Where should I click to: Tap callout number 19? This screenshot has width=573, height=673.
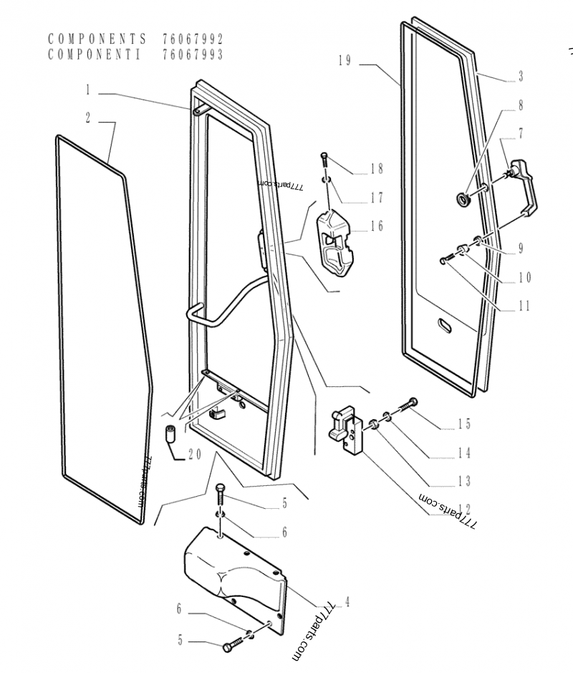pos(345,61)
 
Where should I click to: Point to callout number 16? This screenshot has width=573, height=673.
pos(377,226)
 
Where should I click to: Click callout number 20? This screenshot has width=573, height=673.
pos(194,454)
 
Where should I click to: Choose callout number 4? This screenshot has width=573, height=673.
pos(347,602)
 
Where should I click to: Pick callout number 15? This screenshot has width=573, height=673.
pos(465,424)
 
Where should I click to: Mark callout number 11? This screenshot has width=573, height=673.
pos(524,306)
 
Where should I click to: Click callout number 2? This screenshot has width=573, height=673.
pos(88,118)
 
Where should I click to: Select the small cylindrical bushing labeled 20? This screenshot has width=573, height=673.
pos(171,434)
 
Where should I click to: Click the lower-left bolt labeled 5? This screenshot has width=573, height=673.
pos(229,648)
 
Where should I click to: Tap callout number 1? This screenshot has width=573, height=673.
pos(88,91)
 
